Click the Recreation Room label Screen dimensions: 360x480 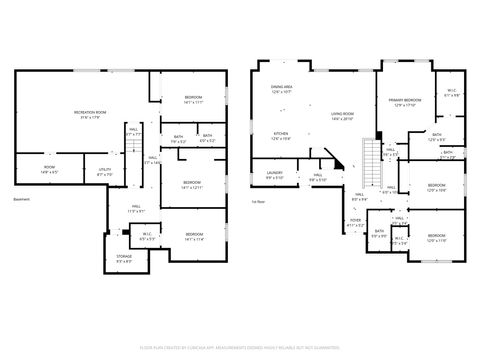(90, 113)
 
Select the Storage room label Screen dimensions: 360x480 (123, 258)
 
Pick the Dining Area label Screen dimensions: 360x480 (282, 89)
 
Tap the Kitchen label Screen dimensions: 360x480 (283, 136)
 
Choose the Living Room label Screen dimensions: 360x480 (343, 115)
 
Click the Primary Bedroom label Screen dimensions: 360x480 (405, 102)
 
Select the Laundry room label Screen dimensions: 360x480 (274, 175)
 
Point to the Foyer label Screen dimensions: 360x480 (355, 223)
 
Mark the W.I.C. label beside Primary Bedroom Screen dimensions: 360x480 (451, 92)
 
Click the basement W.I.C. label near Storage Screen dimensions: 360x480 (146, 237)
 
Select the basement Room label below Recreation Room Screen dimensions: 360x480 (49, 169)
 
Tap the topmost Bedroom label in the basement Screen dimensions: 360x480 (192, 100)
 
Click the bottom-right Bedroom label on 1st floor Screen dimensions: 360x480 (437, 239)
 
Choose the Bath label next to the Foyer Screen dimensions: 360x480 (379, 233)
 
